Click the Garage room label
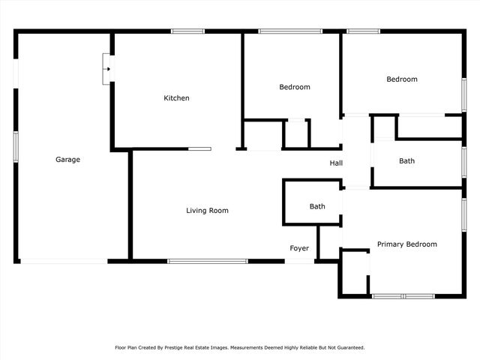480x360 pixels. [67, 159]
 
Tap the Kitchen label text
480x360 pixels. [177, 98]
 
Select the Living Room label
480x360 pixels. [207, 211]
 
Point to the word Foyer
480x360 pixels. [300, 248]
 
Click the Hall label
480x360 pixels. [336, 163]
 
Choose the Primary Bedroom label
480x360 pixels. [406, 244]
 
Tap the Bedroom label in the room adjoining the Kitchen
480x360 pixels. [294, 87]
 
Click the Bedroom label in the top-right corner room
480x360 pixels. [402, 79]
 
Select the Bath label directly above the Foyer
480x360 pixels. [317, 206]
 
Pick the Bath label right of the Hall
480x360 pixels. [406, 160]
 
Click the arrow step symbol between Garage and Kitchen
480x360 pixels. [108, 70]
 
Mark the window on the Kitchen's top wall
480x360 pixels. [187, 31]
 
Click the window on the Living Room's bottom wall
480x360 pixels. [207, 261]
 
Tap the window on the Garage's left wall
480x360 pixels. [15, 146]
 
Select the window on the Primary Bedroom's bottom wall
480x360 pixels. [403, 296]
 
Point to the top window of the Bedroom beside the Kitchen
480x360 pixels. [289, 31]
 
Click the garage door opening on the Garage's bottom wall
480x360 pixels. [64, 261]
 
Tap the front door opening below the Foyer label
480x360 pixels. [300, 261]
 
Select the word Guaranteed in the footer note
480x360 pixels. [348, 347]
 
